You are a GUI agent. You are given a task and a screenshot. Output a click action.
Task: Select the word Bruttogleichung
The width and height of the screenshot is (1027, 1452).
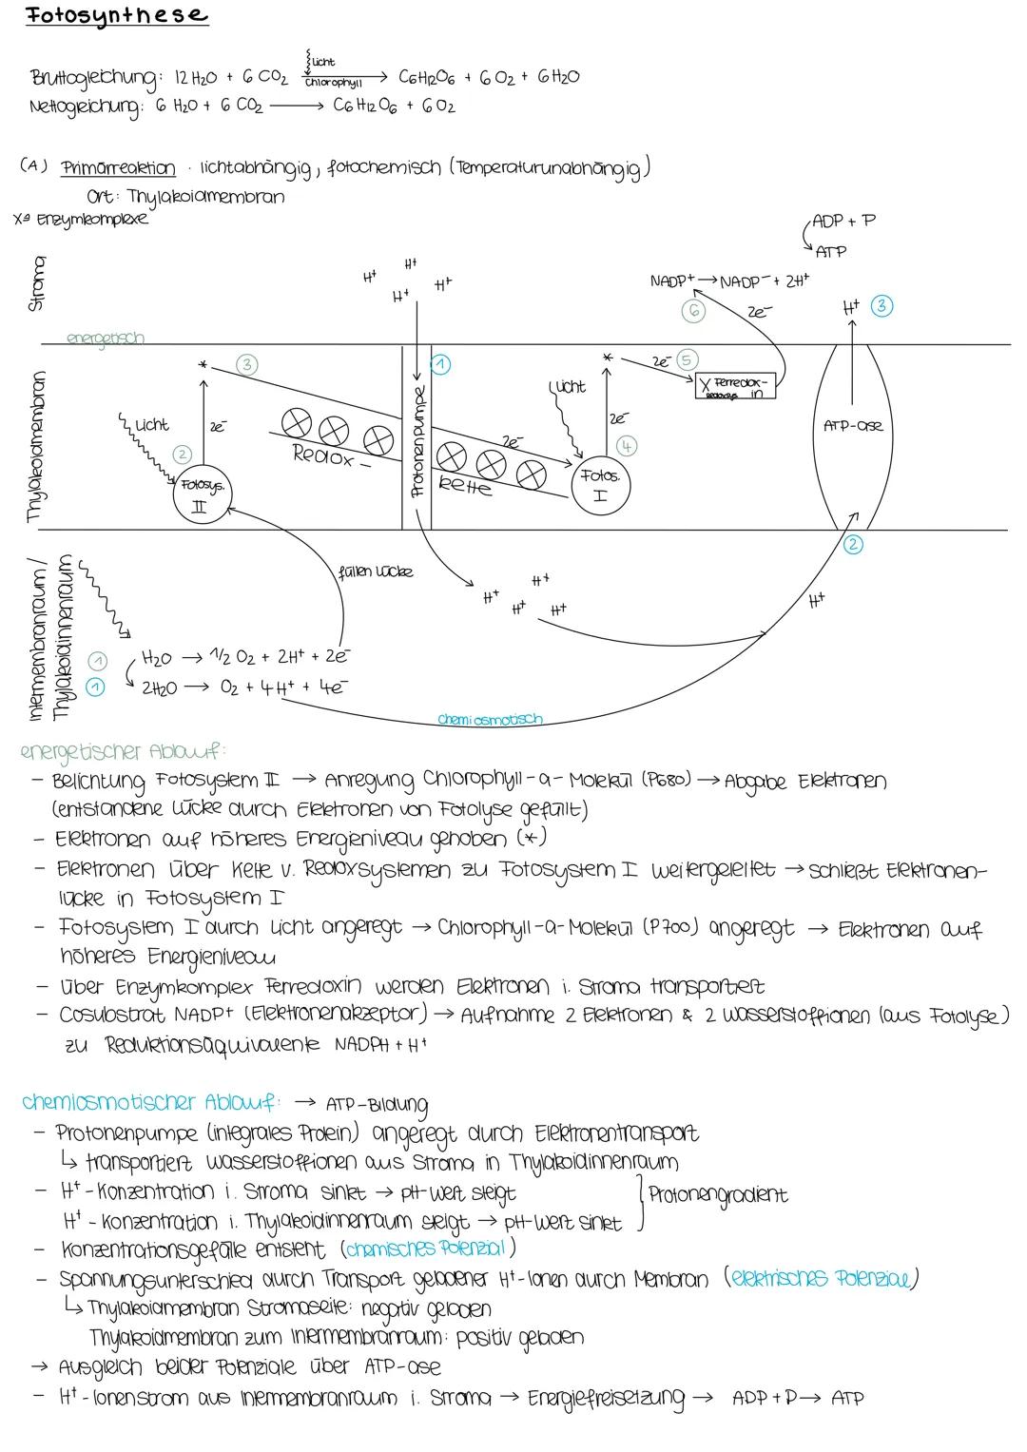tap(90, 78)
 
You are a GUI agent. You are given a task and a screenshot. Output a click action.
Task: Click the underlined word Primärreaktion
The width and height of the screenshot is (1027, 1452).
tap(118, 169)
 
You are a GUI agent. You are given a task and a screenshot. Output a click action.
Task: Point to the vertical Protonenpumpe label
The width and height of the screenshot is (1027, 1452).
tap(417, 441)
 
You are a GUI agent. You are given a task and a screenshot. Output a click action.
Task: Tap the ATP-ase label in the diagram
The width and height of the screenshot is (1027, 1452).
tap(852, 425)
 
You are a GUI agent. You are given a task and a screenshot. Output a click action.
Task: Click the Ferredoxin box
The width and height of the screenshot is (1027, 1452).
tap(735, 386)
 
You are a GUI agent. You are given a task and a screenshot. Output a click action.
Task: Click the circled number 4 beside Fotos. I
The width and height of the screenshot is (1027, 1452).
tap(627, 444)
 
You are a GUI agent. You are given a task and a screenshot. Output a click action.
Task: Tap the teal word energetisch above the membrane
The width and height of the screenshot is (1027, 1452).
tap(106, 338)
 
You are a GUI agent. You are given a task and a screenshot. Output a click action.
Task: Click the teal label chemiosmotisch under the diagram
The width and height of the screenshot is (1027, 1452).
tap(490, 719)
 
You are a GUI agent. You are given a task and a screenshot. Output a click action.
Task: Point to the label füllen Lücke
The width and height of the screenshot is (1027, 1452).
tap(375, 572)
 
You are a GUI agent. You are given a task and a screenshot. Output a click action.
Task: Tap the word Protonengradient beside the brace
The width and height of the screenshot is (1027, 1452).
tap(718, 1194)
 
